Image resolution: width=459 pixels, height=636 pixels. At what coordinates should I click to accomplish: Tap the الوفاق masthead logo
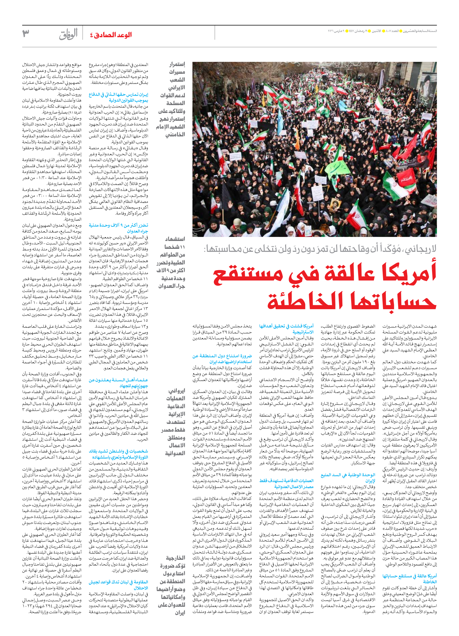(68, 34)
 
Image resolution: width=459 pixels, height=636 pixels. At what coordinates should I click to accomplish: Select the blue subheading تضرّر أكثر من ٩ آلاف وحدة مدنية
(118, 225)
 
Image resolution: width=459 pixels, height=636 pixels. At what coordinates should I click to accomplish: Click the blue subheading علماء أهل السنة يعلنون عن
(118, 380)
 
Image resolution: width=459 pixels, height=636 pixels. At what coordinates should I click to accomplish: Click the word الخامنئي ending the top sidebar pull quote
(175, 135)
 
